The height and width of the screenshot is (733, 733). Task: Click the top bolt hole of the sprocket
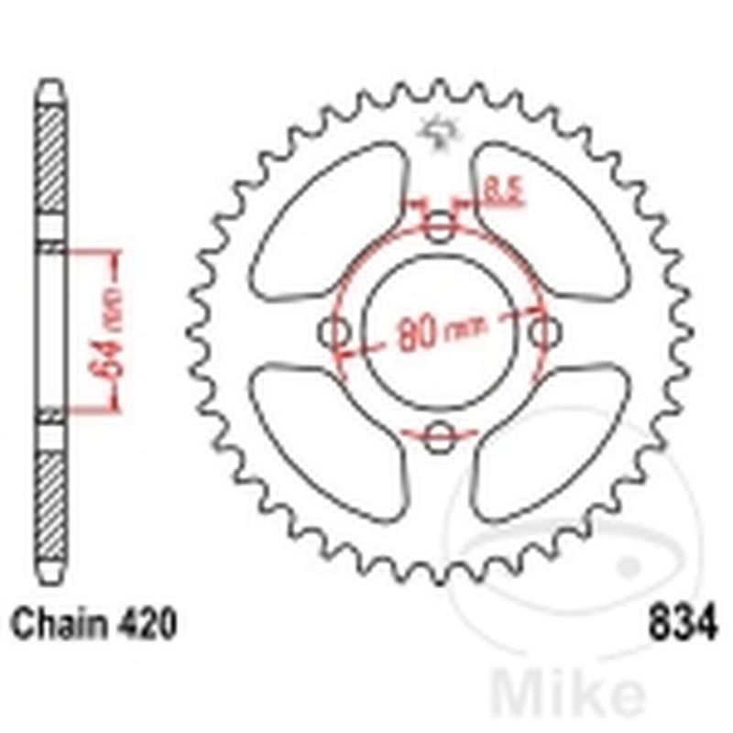441,225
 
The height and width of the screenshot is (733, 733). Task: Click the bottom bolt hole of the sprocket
441,435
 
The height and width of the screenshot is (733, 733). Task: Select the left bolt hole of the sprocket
334,331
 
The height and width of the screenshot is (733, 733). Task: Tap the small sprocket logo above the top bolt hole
438,133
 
